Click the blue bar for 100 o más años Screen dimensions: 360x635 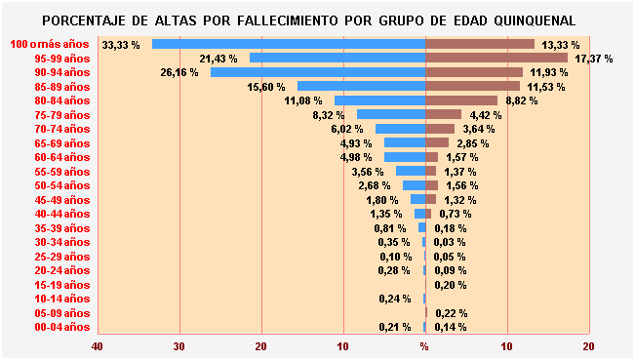click(288, 44)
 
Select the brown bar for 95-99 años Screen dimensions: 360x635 click(496, 59)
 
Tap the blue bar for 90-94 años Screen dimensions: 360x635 click(317, 72)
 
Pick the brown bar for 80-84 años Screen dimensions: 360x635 click(460, 100)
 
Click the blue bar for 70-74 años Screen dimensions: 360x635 click(400, 129)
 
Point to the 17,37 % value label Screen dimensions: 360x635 click(594, 59)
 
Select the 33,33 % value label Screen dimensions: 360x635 click(122, 45)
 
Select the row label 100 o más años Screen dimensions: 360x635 click(50, 44)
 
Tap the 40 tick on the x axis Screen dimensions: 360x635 click(97, 346)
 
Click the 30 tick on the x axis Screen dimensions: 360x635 click(179, 346)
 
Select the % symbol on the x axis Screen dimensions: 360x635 click(424, 346)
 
